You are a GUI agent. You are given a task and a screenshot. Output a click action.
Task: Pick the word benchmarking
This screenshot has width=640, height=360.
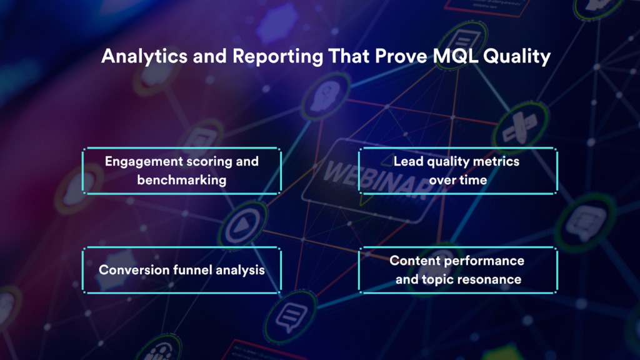182,180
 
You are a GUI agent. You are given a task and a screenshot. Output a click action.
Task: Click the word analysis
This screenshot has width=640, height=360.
240,270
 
